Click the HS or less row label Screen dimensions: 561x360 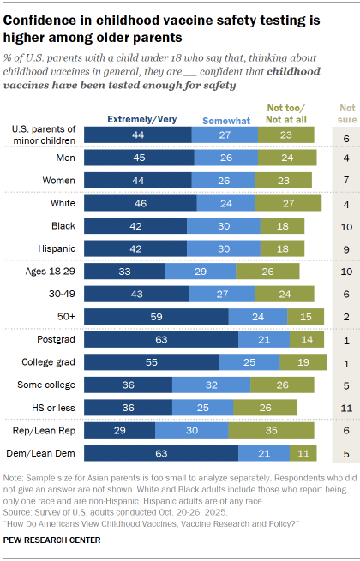click(59, 407)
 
